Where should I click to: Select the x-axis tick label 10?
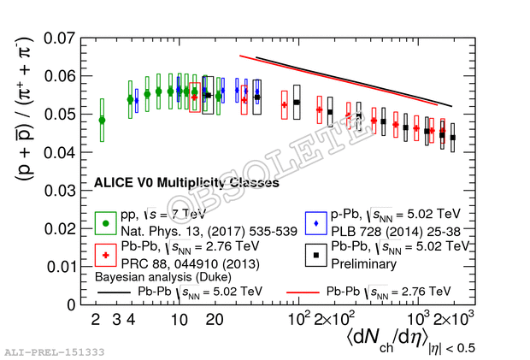pyautogui.click(x=179, y=320)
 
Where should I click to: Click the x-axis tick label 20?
pyautogui.click(x=215, y=320)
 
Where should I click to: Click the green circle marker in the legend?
pyautogui.click(x=105, y=223)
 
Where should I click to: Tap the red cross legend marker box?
pyautogui.click(x=105, y=255)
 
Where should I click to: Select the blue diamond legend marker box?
pyautogui.click(x=316, y=223)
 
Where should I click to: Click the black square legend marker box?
pyautogui.click(x=316, y=255)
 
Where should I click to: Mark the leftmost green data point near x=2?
pyautogui.click(x=103, y=120)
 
